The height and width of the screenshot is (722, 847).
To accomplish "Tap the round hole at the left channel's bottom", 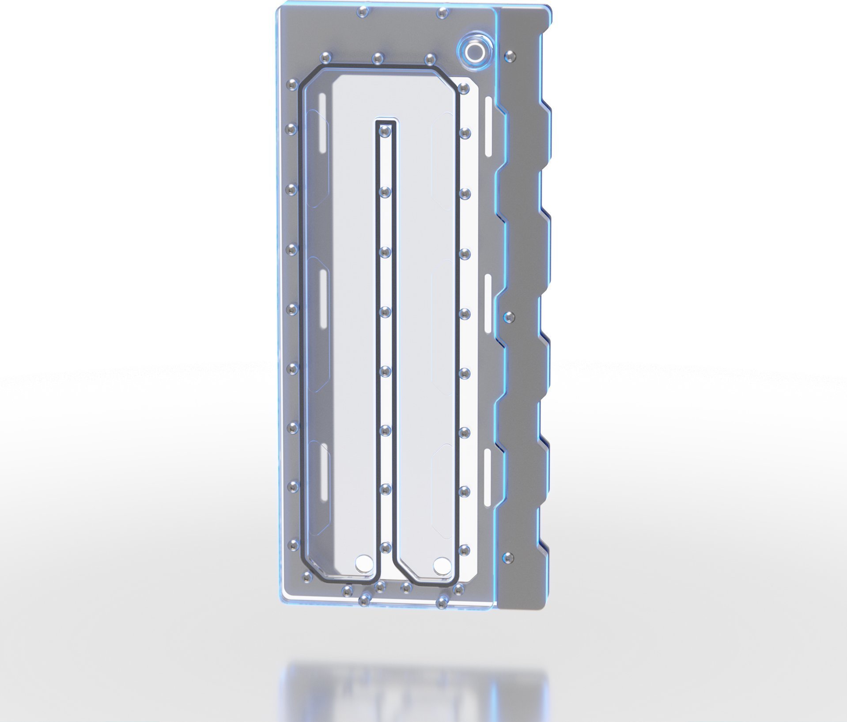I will [x=364, y=563].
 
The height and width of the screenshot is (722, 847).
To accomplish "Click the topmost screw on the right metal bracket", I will [x=510, y=56].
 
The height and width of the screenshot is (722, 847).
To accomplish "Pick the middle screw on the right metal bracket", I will [x=509, y=317].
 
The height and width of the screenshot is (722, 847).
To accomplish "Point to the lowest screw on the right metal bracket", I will [x=509, y=558].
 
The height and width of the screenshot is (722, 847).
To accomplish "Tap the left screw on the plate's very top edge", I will [x=362, y=11].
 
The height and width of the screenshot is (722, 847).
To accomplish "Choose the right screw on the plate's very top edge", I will [x=442, y=13].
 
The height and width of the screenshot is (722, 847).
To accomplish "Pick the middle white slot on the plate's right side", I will [x=488, y=303].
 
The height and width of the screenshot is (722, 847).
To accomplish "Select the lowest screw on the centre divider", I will [x=386, y=548].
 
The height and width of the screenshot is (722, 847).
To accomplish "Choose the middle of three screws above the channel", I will [x=378, y=58].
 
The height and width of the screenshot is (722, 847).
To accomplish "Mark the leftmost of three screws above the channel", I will [x=325, y=57].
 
